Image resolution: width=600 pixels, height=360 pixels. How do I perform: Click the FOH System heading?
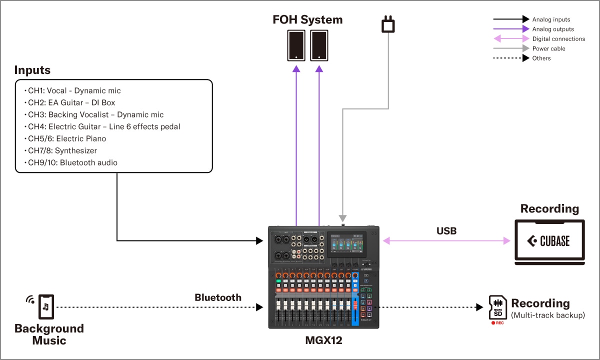(307, 19)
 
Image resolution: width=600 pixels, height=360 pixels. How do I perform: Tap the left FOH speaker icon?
(296, 45)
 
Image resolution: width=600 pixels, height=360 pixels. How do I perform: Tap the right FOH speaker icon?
(319, 45)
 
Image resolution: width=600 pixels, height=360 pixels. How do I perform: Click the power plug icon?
(388, 24)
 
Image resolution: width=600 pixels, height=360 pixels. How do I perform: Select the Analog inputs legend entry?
(551, 19)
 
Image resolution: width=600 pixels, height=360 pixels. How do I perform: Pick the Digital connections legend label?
(558, 39)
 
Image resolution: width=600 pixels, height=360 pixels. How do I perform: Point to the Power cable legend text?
(548, 48)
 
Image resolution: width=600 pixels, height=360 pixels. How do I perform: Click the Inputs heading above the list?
(32, 70)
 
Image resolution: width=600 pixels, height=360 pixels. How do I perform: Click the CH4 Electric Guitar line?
(103, 126)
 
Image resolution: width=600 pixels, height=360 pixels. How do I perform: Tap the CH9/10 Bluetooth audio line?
(72, 162)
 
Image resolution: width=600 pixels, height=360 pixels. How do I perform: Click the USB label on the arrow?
(446, 230)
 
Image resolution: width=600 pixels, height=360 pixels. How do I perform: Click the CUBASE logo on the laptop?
(549, 241)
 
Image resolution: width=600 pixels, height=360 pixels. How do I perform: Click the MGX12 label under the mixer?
(323, 340)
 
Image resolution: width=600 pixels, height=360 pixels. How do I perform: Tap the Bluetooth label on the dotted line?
(217, 297)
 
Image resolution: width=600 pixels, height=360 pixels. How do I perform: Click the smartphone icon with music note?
(46, 306)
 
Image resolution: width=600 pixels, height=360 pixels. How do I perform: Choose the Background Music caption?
(49, 334)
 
